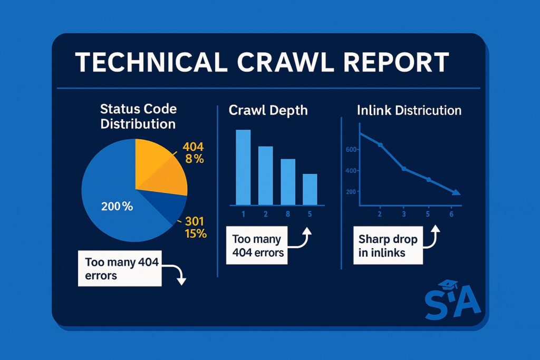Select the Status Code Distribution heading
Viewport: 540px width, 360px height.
(x=138, y=116)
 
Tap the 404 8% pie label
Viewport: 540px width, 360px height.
(x=193, y=153)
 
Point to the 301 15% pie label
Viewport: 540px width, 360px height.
(x=196, y=228)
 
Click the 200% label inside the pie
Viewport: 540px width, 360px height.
(x=117, y=207)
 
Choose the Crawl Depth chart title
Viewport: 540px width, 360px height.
(x=268, y=110)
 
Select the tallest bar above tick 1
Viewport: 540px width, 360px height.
(x=243, y=167)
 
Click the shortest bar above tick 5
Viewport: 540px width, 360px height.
(x=310, y=190)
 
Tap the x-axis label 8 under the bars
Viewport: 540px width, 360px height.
(x=288, y=214)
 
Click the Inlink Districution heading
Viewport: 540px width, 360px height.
(x=409, y=110)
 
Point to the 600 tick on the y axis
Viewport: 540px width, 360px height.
(x=351, y=149)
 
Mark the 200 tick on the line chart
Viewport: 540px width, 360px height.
(x=351, y=192)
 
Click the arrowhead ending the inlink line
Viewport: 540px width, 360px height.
(x=456, y=192)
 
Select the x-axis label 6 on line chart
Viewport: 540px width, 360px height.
(x=451, y=214)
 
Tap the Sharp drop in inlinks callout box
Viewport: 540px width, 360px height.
(x=388, y=246)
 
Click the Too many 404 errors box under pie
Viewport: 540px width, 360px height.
(x=120, y=268)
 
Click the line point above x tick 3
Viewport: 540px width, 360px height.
(x=404, y=169)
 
